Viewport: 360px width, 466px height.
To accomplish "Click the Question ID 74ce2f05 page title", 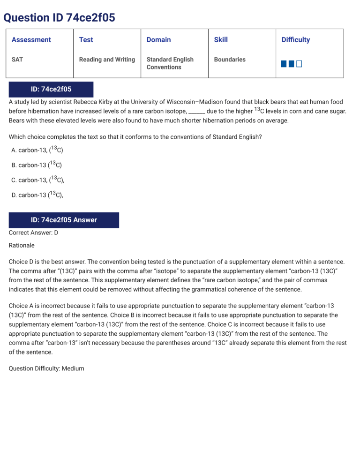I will pos(59,18).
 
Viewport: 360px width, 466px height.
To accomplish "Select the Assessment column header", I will pos(31,40).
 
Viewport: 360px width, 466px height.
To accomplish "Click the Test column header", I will pos(86,40).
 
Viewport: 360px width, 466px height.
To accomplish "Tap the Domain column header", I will pos(158,40).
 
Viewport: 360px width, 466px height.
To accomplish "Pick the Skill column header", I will pos(221,40).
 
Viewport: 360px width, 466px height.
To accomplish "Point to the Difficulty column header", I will pos(295,40).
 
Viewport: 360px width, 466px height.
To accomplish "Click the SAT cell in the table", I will pos(17,60).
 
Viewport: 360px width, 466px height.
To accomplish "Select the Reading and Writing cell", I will pos(107,60).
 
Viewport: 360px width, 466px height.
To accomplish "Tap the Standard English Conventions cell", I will pos(170,63).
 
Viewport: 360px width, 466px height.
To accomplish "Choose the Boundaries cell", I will pos(230,60).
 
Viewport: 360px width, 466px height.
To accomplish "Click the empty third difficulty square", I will pos(299,64).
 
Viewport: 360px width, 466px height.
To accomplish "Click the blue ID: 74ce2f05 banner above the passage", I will pos(51,89).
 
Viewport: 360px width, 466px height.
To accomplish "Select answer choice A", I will pos(37,150).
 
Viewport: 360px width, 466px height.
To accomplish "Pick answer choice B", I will pos(37,165).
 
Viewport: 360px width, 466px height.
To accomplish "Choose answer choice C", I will pos(38,180).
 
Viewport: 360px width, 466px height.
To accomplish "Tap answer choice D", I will pos(37,195).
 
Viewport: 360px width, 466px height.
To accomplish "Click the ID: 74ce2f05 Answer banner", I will pos(64,220).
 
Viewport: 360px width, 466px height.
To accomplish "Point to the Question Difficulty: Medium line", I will pos(46,368).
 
